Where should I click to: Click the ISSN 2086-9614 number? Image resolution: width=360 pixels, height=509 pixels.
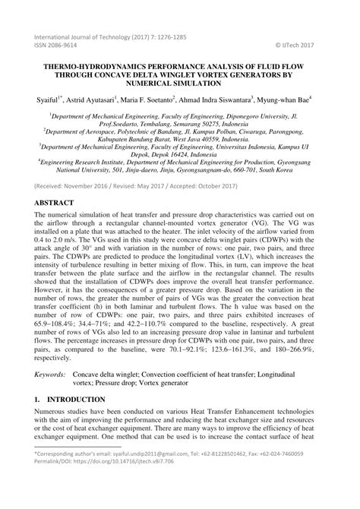point(54,45)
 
